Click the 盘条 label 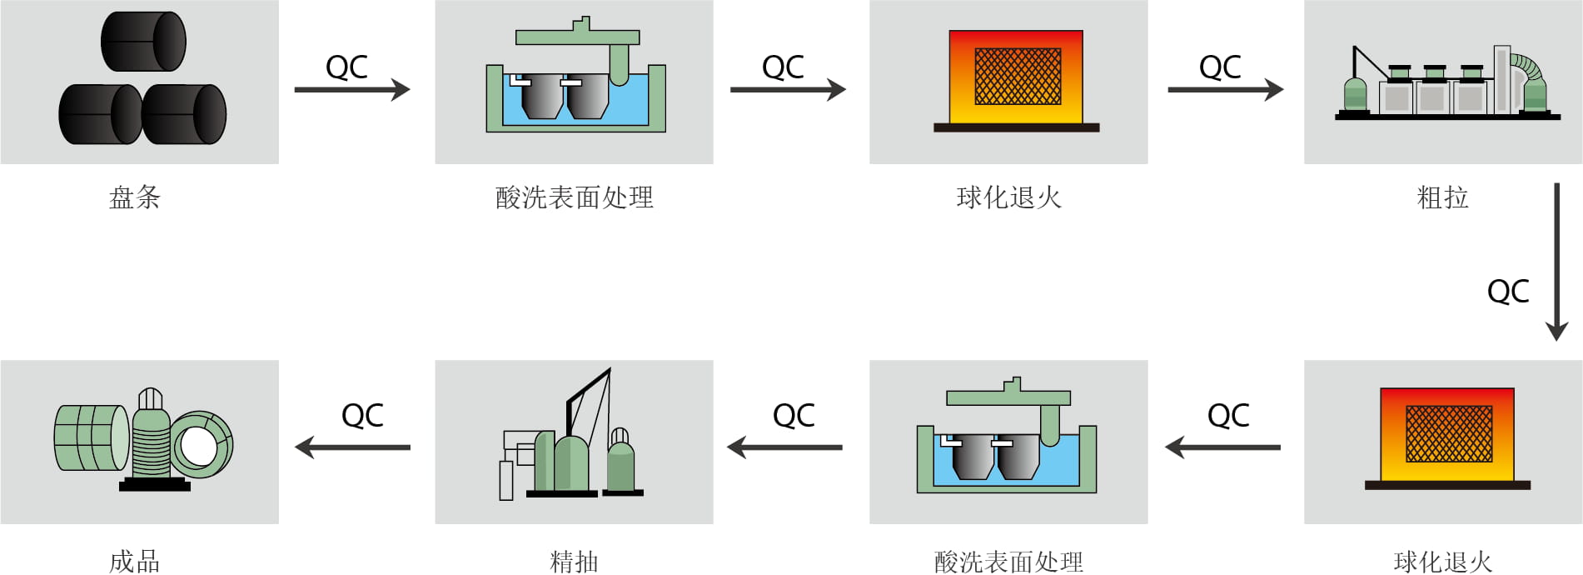click(134, 197)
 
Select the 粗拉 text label click(1442, 197)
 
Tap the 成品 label click(134, 562)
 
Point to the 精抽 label click(574, 562)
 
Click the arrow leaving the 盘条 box click(352, 89)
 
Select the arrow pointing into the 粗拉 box click(1225, 89)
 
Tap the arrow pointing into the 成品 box click(352, 447)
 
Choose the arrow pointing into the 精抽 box click(784, 447)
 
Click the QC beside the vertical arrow click(1508, 291)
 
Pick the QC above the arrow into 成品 click(362, 415)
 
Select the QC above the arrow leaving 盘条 click(346, 67)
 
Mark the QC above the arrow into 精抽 click(794, 415)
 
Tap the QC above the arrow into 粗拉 click(1220, 67)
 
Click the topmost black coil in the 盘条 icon click(143, 42)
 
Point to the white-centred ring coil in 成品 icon click(202, 445)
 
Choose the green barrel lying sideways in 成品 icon click(91, 437)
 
